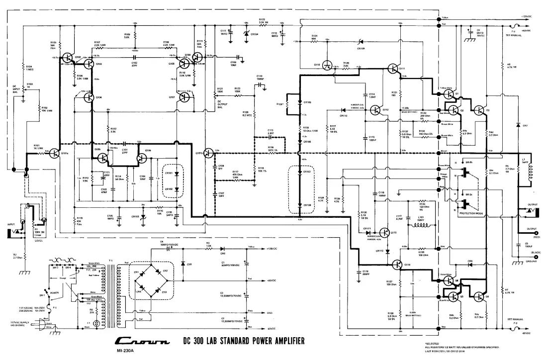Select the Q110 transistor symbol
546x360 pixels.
coord(327,65)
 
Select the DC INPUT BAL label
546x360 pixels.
coord(17,89)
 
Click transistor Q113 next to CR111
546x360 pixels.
coord(384,231)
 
